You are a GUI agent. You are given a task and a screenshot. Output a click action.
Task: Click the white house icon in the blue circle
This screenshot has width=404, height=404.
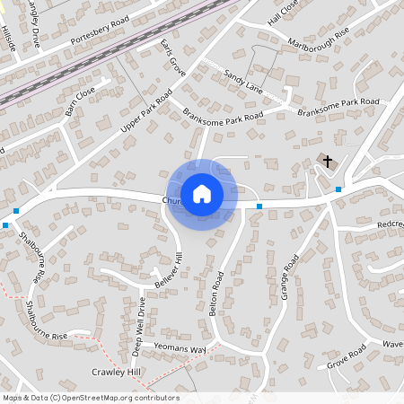point(202,194)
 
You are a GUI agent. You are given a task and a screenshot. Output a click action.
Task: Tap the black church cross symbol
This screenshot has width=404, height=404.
point(327,162)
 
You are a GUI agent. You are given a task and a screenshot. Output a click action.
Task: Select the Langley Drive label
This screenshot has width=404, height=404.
point(35,15)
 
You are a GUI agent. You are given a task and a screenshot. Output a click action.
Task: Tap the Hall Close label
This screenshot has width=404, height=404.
point(282,12)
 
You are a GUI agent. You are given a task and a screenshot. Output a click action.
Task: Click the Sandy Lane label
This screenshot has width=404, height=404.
point(243,83)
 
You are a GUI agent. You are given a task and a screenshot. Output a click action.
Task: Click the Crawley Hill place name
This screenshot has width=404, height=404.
point(117,371)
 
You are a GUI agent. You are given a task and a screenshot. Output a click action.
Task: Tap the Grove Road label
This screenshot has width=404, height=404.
point(347,356)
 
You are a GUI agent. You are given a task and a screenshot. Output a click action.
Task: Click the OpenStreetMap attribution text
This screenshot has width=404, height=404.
point(91,398)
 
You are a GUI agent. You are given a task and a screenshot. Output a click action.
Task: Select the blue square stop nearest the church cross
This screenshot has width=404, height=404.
point(338,189)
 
